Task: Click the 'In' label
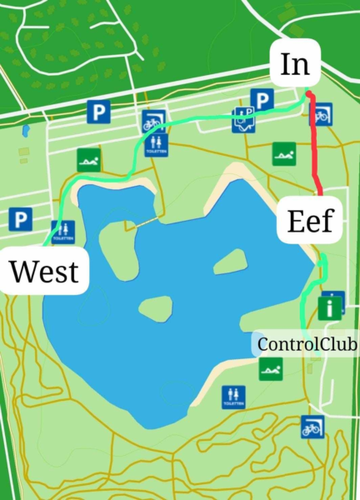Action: click(295, 64)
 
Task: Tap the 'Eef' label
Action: click(310, 221)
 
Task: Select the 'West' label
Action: click(44, 271)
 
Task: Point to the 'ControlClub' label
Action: click(307, 343)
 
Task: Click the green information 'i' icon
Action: click(332, 307)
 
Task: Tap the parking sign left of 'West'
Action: click(20, 219)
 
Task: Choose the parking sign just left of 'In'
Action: click(262, 101)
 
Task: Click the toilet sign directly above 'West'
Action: click(63, 232)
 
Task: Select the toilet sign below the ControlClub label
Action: click(233, 397)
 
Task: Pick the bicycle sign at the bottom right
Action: click(312, 427)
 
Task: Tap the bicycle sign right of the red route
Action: click(322, 114)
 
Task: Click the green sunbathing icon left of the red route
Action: click(283, 153)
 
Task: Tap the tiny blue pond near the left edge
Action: click(26, 130)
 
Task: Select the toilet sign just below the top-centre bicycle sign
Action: click(155, 145)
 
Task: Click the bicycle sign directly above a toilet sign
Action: click(152, 122)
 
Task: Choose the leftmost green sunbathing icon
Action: click(88, 159)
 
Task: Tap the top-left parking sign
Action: click(99, 111)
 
